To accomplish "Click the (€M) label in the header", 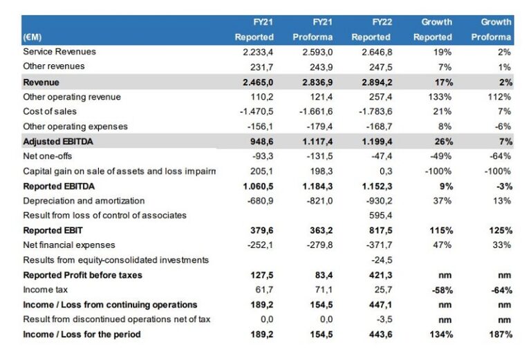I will coord(32,37).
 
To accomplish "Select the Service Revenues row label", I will coord(59,52).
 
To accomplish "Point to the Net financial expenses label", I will coord(69,245).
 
